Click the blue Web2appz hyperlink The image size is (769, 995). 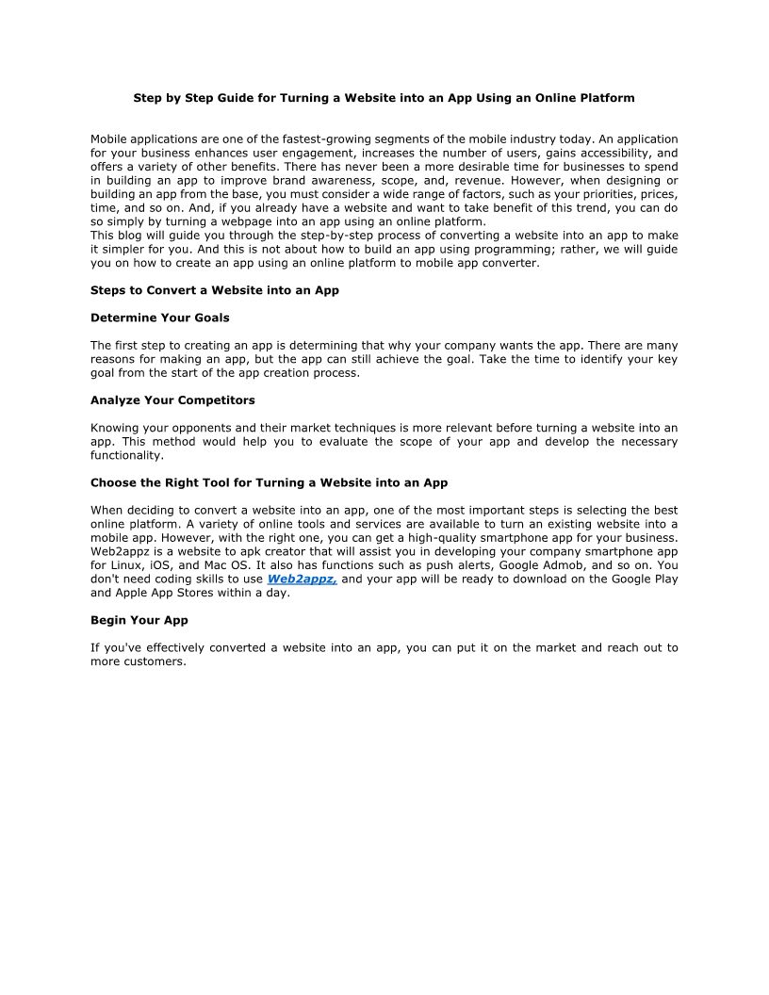[x=302, y=579]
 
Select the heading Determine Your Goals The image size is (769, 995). [x=159, y=318]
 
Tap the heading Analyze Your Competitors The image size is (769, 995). [x=172, y=400]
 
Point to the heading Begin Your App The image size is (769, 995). [x=139, y=620]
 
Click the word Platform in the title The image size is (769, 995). [x=608, y=98]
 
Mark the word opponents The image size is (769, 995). [x=185, y=428]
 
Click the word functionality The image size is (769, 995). [x=127, y=455]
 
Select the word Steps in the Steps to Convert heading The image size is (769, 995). [x=108, y=290]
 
